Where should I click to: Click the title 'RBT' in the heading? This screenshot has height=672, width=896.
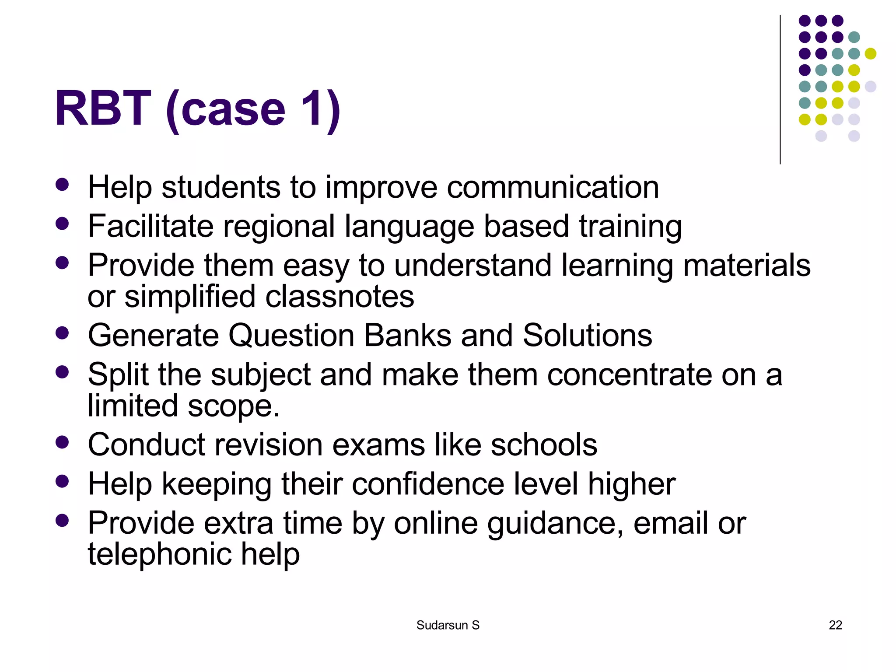(x=103, y=108)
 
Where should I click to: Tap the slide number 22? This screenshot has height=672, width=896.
(x=835, y=625)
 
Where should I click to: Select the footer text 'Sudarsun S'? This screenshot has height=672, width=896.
(x=448, y=625)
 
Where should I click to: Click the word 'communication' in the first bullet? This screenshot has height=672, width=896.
(x=553, y=187)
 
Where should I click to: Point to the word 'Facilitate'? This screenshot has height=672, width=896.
(x=150, y=226)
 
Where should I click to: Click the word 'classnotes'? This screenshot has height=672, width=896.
(x=339, y=297)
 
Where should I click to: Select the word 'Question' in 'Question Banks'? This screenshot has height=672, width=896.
(x=291, y=336)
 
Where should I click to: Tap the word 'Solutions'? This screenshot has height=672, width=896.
(x=587, y=336)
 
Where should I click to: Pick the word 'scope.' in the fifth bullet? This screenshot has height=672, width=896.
(x=234, y=406)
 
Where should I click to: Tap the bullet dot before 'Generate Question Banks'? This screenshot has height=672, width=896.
(x=63, y=333)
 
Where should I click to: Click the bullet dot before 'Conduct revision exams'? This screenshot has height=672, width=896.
(x=63, y=442)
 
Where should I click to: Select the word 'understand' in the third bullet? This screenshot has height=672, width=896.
(x=472, y=266)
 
